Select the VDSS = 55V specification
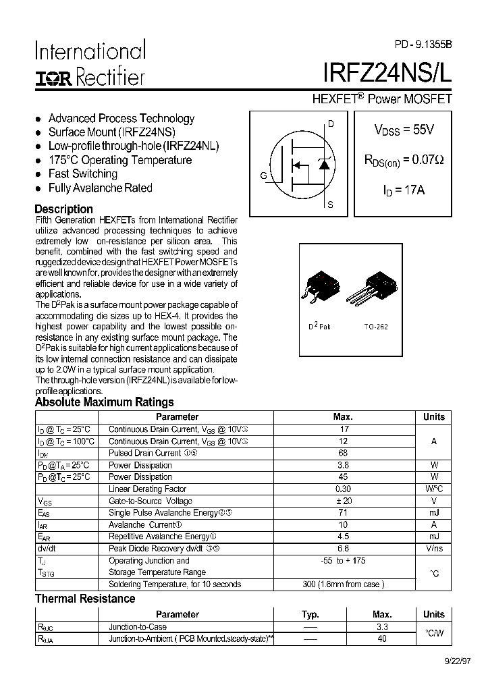pyautogui.click(x=404, y=130)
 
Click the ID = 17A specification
pyautogui.click(x=404, y=190)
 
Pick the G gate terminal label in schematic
pyautogui.click(x=263, y=176)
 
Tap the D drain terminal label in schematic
pyautogui.click(x=331, y=124)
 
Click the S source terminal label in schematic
pyautogui.click(x=330, y=204)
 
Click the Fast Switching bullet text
pyautogui.click(x=82, y=174)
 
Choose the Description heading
pyautogui.click(x=63, y=209)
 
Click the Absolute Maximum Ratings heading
pyautogui.click(x=104, y=402)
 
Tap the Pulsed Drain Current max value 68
pyautogui.click(x=344, y=453)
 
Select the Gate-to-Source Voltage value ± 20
pyautogui.click(x=344, y=501)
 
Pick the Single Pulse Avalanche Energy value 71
pyautogui.click(x=344, y=513)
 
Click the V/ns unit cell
pyautogui.click(x=434, y=549)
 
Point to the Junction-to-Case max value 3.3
pyautogui.click(x=381, y=626)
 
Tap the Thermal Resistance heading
pyautogui.click(x=85, y=599)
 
